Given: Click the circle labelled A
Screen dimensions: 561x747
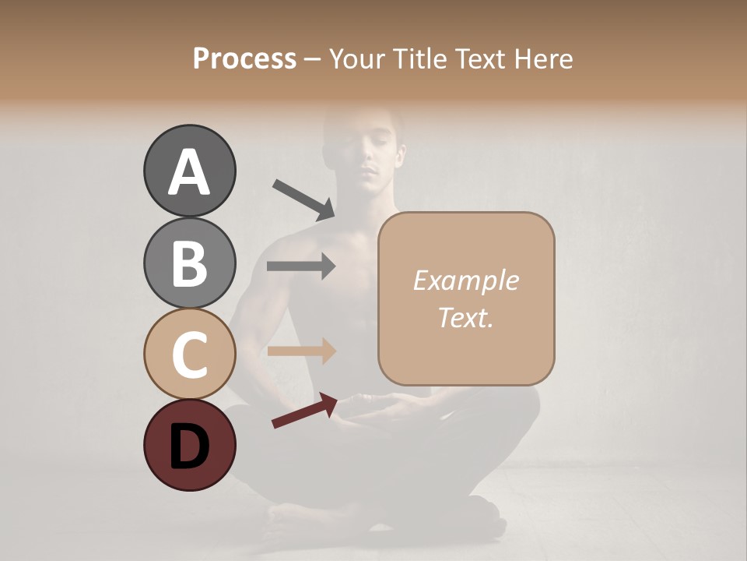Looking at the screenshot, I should (x=189, y=171).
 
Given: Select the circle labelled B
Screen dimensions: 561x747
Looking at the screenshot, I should (x=189, y=263).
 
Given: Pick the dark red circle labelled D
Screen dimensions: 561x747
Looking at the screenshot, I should (x=189, y=445).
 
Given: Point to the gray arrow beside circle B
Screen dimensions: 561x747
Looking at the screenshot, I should (x=301, y=266).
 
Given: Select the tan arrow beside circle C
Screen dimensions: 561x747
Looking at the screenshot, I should (x=301, y=351).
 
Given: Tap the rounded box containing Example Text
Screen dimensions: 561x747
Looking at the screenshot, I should (x=466, y=298).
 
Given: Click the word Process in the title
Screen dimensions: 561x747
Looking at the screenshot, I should (x=244, y=58).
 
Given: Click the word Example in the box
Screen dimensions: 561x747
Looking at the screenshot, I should (x=465, y=280).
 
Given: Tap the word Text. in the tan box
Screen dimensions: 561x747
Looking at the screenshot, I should (x=465, y=317).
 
